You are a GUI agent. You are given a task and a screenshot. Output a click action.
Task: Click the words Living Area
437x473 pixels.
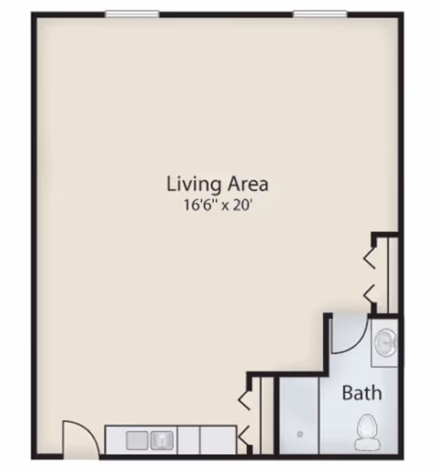[x=217, y=184]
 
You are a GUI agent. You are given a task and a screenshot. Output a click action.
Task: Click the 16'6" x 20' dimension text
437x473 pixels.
[x=217, y=206]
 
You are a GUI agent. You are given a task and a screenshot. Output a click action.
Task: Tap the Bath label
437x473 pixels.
[x=361, y=394]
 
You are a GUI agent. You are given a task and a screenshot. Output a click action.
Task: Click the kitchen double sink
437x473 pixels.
[x=151, y=440]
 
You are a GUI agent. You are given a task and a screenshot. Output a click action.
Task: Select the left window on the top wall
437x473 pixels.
[x=132, y=14]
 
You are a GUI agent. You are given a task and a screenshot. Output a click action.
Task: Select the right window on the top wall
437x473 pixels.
[x=320, y=14]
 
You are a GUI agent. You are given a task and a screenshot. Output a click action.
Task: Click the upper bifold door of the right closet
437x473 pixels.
[x=371, y=257]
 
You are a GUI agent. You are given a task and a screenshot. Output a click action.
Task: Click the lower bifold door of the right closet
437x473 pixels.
[x=371, y=293]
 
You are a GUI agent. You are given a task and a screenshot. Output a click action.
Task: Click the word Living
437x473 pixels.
[x=189, y=184]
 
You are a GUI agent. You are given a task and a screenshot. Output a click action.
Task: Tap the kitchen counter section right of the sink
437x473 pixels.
[x=217, y=440]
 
